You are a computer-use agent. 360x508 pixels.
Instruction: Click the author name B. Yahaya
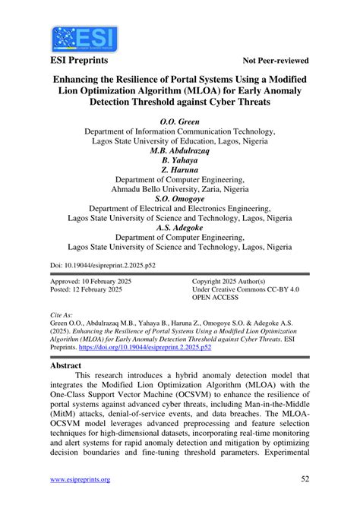180,162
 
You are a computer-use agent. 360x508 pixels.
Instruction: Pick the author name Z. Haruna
180,172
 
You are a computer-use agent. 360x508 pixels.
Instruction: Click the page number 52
305,479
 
